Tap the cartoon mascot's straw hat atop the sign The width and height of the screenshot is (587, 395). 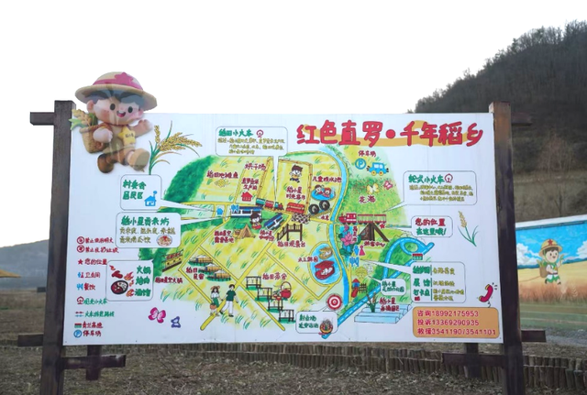pyautogui.click(x=116, y=89)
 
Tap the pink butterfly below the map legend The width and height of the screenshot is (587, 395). pyautogui.click(x=156, y=315)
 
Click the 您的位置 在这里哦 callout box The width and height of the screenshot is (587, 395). pyautogui.click(x=430, y=226)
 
